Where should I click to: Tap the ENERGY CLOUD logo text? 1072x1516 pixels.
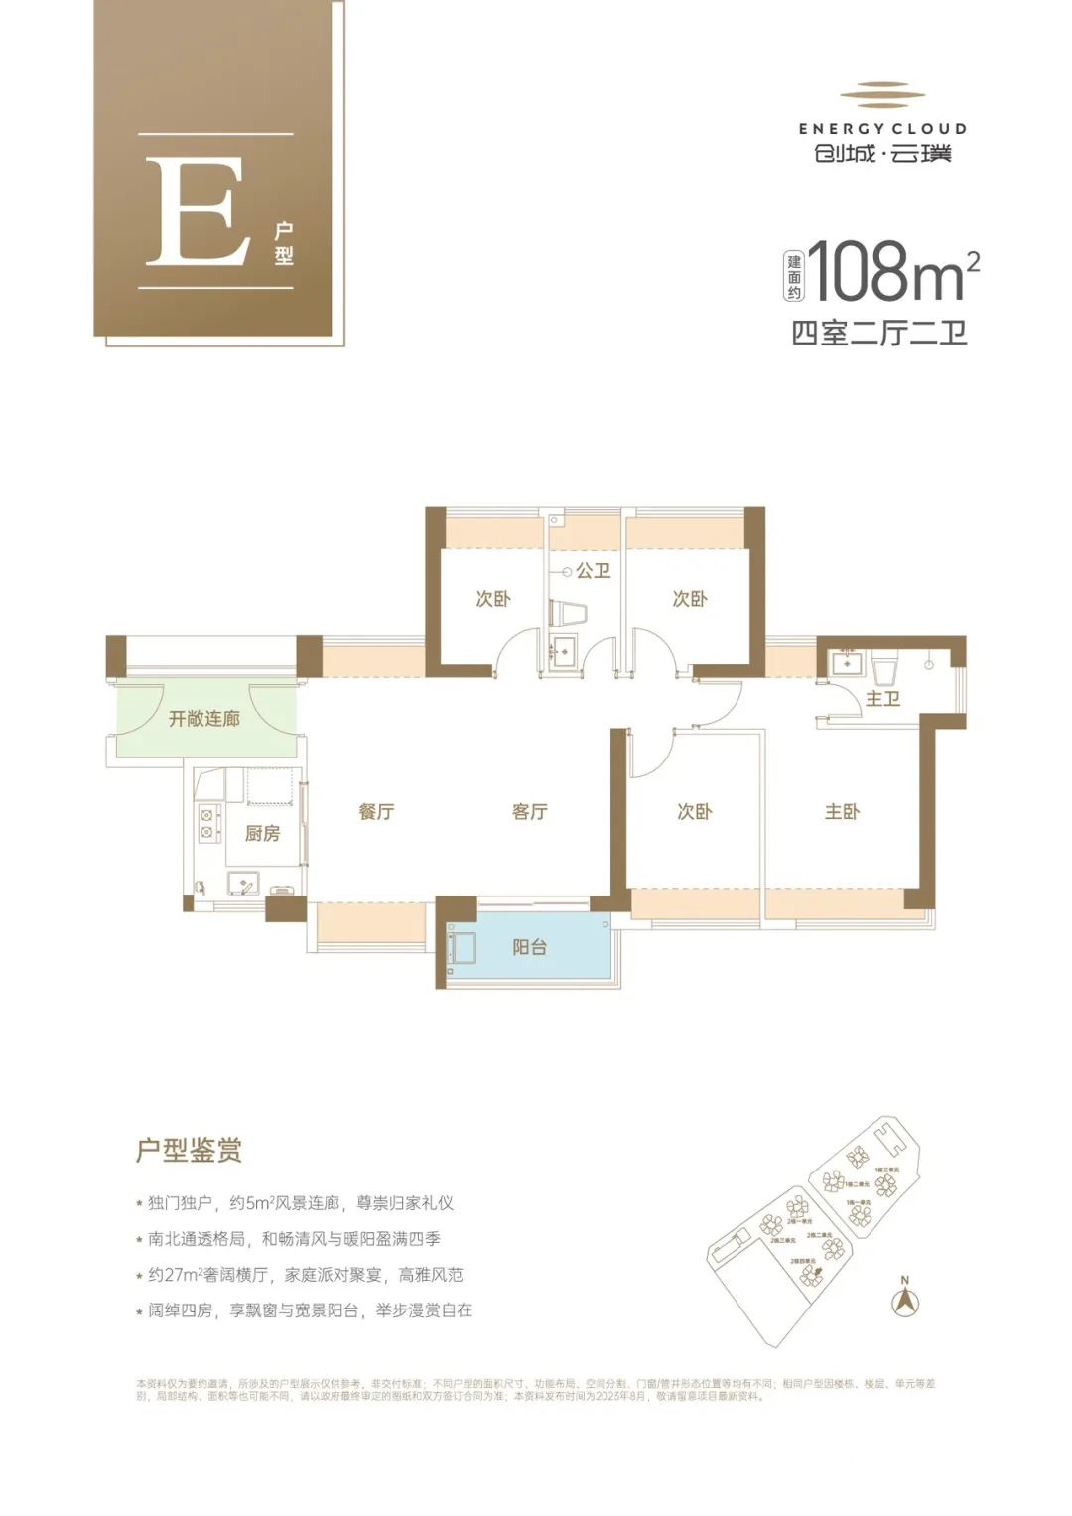[881, 128]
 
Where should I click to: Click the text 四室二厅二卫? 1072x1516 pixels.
[878, 333]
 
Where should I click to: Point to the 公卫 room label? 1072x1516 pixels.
[593, 571]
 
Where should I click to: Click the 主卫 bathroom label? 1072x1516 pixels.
[882, 699]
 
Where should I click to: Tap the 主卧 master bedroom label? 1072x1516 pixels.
[842, 812]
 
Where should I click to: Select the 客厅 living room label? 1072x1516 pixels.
[530, 812]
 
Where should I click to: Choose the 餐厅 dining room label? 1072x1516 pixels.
[376, 812]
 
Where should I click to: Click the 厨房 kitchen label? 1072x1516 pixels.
[262, 833]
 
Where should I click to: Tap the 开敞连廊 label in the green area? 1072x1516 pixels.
[203, 718]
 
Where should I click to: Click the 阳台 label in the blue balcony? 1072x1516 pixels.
[529, 947]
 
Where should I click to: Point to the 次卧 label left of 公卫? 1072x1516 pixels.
[492, 599]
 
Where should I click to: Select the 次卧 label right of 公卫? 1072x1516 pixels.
[690, 599]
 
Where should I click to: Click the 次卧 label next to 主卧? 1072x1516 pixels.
[694, 812]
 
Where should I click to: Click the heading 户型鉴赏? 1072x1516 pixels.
[189, 1151]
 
